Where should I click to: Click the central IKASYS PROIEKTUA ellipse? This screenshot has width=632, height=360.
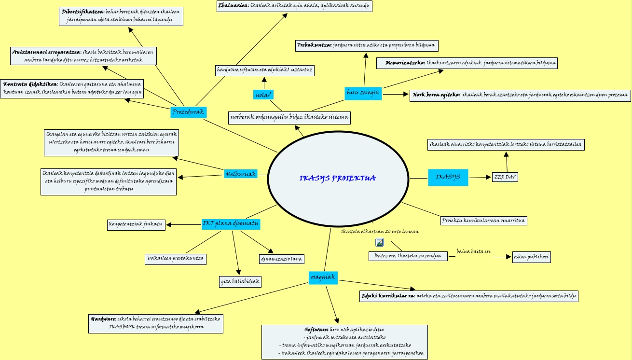coord(337,178)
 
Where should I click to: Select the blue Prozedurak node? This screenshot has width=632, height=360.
coord(188,112)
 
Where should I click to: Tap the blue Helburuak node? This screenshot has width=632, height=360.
coord(240,174)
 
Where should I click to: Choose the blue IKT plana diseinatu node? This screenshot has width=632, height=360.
coord(231,224)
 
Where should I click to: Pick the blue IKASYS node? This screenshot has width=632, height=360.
coord(448,177)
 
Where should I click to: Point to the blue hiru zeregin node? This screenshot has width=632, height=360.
coord(363,92)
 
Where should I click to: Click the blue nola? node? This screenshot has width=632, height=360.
coord(263,95)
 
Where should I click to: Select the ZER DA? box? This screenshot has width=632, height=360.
coord(505,177)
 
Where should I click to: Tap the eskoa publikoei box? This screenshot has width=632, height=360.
coord(531,257)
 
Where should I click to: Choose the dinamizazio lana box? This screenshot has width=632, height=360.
coord(281,259)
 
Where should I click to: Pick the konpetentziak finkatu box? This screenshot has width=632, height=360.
coord(136,224)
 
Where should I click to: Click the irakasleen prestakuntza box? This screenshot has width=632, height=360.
coord(176,259)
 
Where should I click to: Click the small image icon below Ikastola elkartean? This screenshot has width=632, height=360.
coord(380,242)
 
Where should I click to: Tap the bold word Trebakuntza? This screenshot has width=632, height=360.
coord(314,45)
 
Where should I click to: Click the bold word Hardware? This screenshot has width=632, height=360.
coord(103,319)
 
